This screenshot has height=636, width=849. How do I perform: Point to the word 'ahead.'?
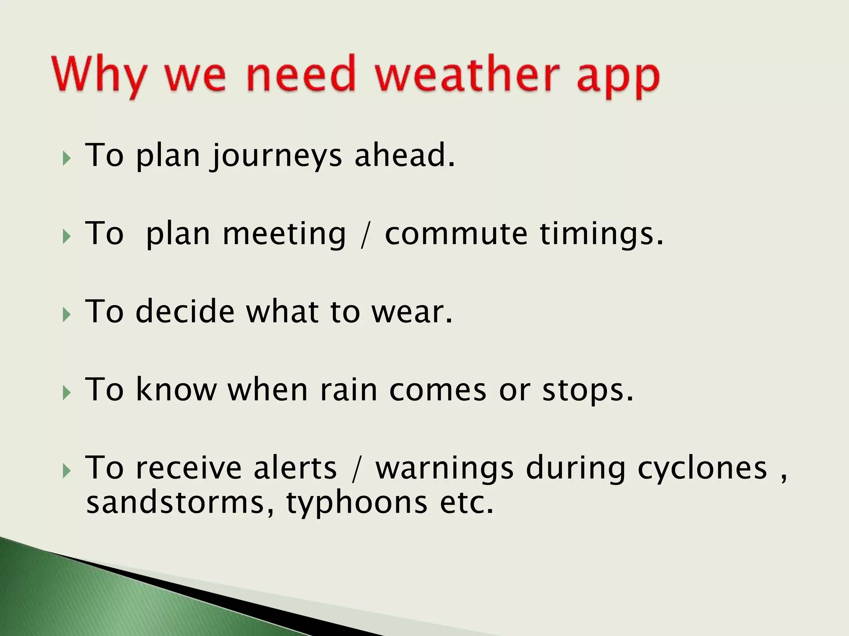pos(405,155)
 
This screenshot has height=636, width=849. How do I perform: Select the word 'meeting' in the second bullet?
pos(284,234)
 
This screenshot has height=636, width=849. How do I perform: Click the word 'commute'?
pos(456,234)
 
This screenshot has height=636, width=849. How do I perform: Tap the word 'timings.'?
pos(602,234)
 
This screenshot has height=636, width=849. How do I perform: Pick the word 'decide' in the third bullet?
pos(185,311)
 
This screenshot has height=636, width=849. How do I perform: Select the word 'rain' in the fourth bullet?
pos(348,390)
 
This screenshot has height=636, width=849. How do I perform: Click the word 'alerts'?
pos(295,468)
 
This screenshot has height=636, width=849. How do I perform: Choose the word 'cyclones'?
pos(702,469)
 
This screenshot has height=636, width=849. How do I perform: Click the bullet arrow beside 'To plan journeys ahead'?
pos(67,158)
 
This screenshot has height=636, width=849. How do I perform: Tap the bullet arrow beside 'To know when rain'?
pos(67,393)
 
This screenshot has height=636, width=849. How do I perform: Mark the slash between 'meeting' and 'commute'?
pos(364,235)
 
